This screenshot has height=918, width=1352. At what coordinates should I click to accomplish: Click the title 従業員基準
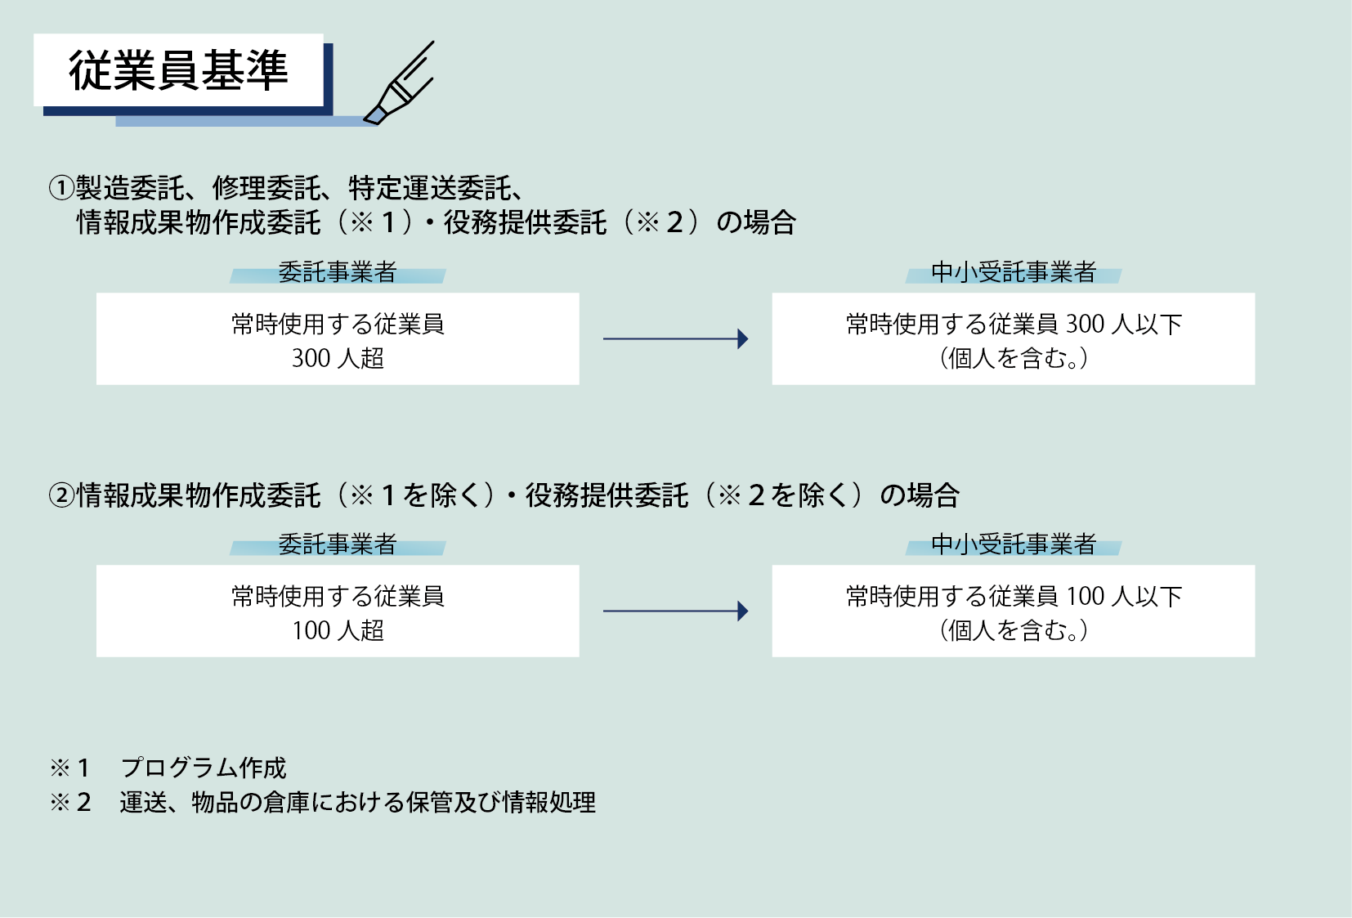click(178, 70)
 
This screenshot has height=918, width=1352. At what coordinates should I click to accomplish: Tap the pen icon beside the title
click(400, 85)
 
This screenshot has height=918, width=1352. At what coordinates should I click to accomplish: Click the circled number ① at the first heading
click(61, 188)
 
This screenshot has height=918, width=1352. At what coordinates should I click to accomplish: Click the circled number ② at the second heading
click(61, 495)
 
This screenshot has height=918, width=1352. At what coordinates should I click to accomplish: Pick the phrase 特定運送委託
click(430, 188)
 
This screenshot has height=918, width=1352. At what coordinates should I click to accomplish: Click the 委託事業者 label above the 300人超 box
click(338, 272)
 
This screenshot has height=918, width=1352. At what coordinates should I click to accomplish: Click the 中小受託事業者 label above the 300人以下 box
click(1014, 272)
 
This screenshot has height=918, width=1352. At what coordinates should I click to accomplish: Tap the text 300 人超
click(338, 358)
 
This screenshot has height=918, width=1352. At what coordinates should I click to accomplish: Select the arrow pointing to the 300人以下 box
click(675, 338)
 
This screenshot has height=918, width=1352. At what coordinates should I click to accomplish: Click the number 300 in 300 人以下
click(1086, 325)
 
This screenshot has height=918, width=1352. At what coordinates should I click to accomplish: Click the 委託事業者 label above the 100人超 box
click(338, 544)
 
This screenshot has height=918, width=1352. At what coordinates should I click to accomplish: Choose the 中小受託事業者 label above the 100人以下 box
click(1014, 544)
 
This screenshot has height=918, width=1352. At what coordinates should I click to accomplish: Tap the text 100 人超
click(338, 630)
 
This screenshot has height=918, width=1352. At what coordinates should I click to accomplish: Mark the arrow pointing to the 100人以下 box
click(675, 611)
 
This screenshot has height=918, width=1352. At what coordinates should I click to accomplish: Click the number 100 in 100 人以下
click(1086, 597)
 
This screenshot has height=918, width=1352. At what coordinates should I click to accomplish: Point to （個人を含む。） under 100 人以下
click(1014, 630)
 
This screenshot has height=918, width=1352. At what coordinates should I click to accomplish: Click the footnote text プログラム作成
click(204, 768)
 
